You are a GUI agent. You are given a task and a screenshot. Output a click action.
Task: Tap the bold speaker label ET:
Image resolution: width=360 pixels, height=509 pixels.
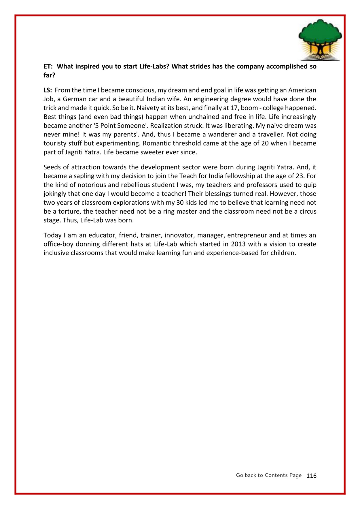48,67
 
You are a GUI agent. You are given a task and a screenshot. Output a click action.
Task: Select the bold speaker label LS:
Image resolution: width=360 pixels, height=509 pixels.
48,90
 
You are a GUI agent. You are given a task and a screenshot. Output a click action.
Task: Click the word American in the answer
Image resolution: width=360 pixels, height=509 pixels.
302,90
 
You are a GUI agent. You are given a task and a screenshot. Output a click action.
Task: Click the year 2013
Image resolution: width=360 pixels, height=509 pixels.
238,244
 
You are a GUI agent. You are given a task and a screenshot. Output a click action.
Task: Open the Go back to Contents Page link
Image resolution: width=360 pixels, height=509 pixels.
269,475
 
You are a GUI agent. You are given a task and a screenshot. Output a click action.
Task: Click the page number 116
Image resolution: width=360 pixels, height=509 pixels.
311,476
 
